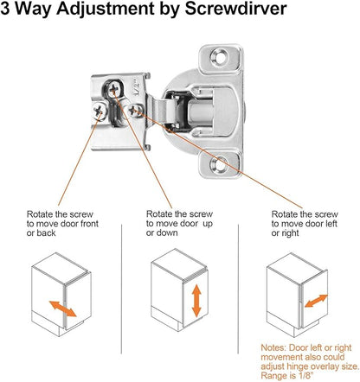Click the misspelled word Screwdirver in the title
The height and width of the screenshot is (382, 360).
pos(235,9)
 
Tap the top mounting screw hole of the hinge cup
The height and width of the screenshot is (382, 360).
pos(219,56)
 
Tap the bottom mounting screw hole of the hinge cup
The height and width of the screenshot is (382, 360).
pos(218,165)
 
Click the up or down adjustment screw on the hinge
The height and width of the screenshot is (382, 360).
pos(113,89)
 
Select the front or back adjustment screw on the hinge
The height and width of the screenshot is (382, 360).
pos(100,111)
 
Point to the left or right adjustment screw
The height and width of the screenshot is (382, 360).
pos(135,111)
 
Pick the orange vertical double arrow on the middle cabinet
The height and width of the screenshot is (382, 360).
pos(196,301)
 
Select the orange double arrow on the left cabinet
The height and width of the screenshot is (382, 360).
pos(62,309)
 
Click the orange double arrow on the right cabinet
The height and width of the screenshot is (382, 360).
pos(316,301)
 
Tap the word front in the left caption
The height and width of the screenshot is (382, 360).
pos(88,224)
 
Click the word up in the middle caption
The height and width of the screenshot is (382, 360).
pos(208,224)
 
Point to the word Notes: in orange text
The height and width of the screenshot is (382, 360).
pos(273,347)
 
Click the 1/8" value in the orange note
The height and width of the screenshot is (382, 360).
pos(304,376)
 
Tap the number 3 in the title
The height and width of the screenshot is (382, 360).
pos(5,9)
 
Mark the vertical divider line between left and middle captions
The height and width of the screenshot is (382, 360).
pos(121,289)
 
